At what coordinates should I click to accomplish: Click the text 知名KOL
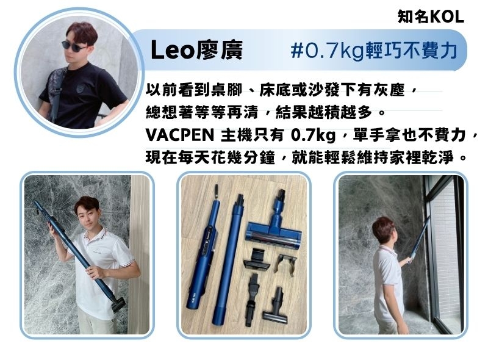click(x=431, y=16)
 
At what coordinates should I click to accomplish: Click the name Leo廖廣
click(x=196, y=50)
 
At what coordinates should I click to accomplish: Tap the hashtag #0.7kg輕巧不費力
click(x=374, y=51)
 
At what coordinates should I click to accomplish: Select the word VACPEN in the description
click(x=179, y=135)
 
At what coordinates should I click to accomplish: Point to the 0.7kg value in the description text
click(x=313, y=135)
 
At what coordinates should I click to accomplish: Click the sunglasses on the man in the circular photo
click(x=74, y=46)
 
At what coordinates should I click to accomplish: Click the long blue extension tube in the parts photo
click(x=230, y=259)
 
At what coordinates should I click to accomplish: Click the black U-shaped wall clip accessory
click(x=285, y=264)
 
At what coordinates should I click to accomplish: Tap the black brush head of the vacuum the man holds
click(x=118, y=304)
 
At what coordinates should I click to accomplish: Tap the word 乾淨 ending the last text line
click(x=438, y=157)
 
